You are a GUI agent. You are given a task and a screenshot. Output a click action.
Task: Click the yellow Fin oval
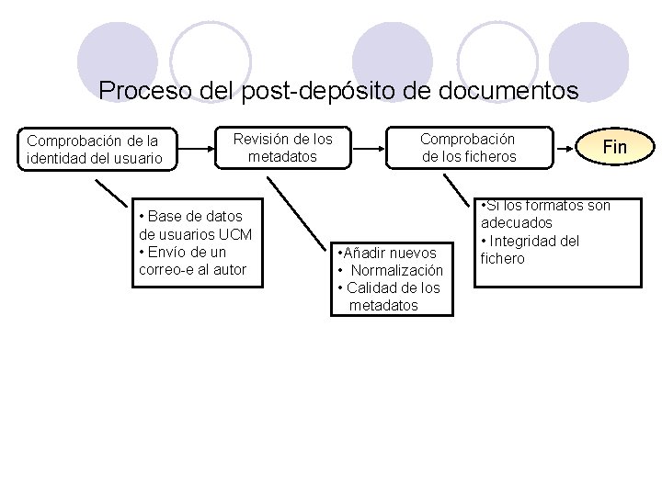point(614,147)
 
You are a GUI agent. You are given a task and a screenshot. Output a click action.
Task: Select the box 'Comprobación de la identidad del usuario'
point(94,150)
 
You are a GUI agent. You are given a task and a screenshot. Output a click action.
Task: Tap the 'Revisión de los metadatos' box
point(282,147)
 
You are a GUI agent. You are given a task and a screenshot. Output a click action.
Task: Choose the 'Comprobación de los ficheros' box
point(469,147)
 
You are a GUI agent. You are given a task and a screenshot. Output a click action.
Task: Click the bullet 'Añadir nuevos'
point(381,253)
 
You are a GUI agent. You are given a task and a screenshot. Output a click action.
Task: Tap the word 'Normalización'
point(396,270)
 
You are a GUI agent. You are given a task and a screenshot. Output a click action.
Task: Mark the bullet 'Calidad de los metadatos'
point(391,296)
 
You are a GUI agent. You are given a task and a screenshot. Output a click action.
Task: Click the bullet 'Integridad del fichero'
point(532,250)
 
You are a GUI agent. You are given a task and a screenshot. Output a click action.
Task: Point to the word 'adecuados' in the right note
point(516,223)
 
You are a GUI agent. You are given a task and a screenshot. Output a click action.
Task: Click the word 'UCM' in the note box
point(234,234)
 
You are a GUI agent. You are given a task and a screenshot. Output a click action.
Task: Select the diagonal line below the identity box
point(111,191)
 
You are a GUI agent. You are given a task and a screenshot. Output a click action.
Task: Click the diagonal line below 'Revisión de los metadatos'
point(303,211)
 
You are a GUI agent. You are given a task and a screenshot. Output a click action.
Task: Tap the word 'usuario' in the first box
point(137,158)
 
